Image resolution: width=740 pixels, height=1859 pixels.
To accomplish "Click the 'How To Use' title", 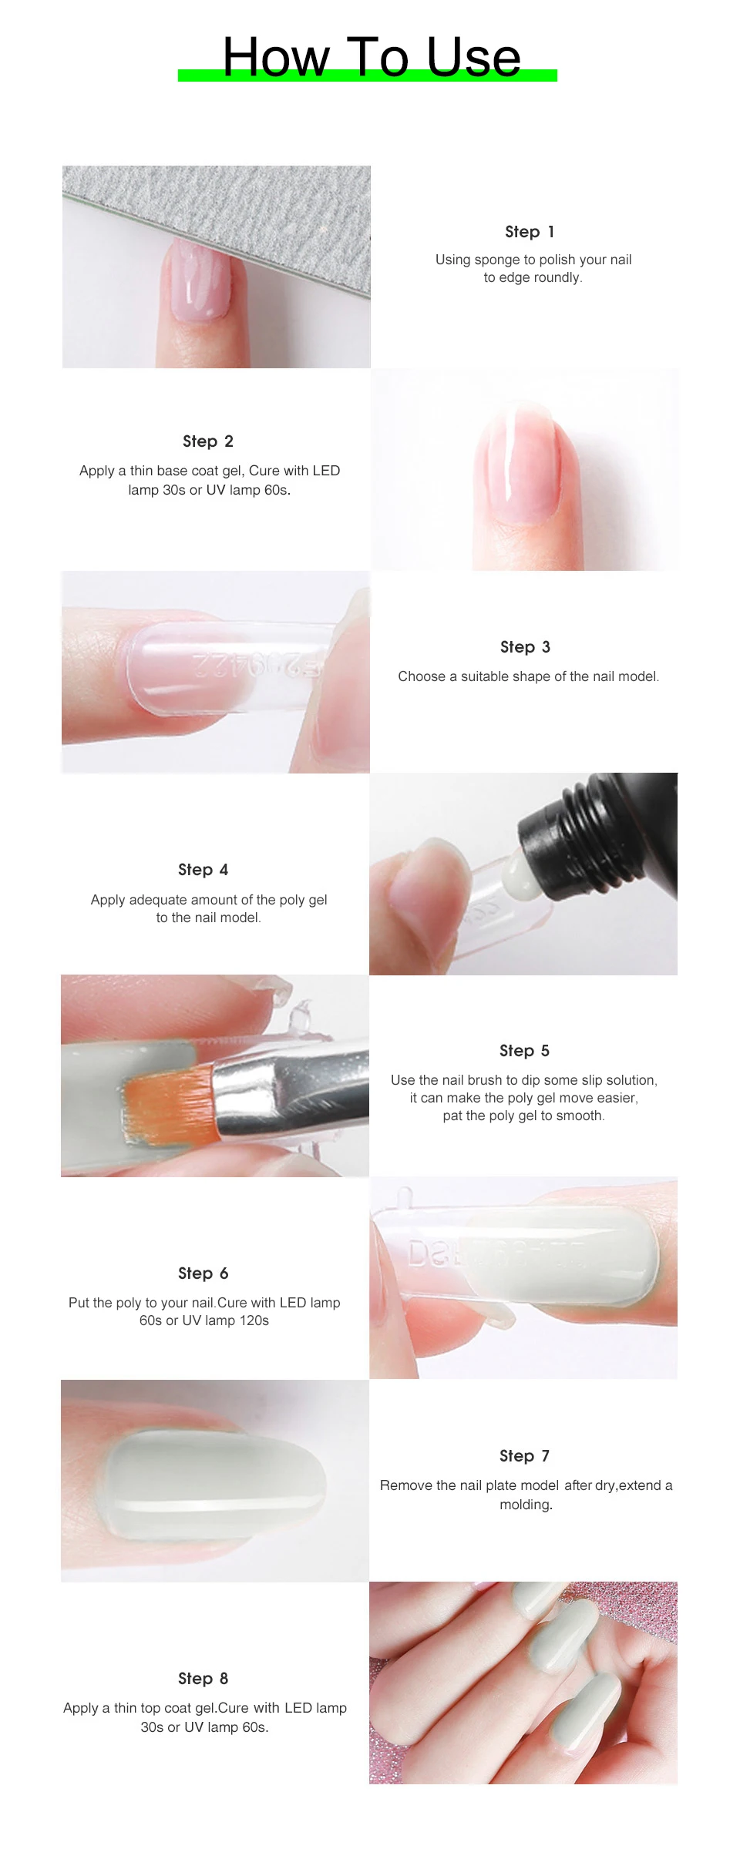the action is coord(371,57).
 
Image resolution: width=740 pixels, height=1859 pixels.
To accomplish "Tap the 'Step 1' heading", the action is coord(530,232).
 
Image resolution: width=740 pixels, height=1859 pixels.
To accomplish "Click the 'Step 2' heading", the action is coord(208,441).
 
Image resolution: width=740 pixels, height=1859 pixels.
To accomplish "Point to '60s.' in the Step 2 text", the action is coord(277,490).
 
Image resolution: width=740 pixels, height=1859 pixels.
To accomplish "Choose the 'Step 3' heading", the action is coord(525,647).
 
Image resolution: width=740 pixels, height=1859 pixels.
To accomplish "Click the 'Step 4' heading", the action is coord(203,870).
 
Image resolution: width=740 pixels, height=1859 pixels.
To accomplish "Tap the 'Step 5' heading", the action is coord(524,1051).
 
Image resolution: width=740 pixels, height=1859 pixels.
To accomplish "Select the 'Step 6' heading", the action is coord(203,1273).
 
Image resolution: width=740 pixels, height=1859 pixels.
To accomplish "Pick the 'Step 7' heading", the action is coord(524,1456).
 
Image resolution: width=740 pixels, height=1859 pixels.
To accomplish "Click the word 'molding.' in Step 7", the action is coord(526,1505).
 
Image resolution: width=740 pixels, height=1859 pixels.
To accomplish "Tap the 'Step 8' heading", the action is coord(203,1679).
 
